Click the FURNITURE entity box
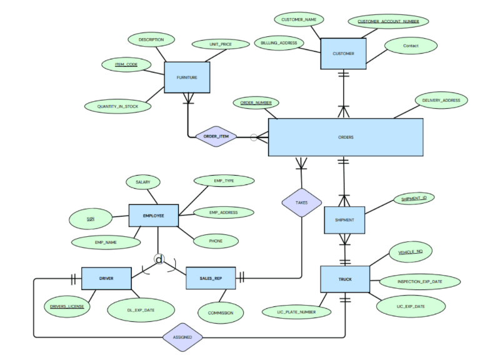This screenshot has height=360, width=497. (x=186, y=77)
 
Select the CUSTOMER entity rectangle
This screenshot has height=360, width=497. (x=343, y=54)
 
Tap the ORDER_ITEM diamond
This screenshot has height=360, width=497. (x=216, y=137)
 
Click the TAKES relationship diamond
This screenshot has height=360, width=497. (x=301, y=202)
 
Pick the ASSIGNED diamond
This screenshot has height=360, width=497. (x=183, y=337)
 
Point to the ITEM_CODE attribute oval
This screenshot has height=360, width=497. (x=126, y=64)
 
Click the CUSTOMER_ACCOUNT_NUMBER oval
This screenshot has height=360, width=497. (x=388, y=22)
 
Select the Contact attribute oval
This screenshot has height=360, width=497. (x=411, y=46)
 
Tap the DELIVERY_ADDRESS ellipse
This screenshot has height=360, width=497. (x=441, y=100)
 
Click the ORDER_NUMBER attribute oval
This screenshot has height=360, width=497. (x=256, y=102)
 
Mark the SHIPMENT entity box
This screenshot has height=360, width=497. (x=344, y=220)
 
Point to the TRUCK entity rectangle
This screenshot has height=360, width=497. (x=344, y=279)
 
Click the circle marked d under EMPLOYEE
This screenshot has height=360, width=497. (x=159, y=259)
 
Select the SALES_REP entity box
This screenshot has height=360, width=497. (x=211, y=278)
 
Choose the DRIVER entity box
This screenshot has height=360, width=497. (x=106, y=278)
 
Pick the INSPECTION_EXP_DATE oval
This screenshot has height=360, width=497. (x=419, y=282)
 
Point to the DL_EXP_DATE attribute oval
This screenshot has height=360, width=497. (x=141, y=309)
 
